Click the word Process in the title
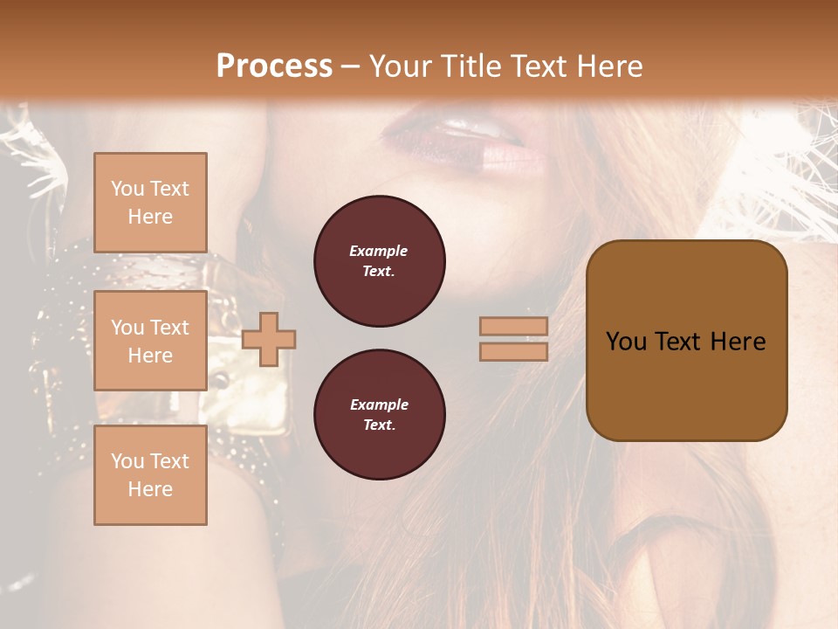[274, 66]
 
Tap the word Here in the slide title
[608, 66]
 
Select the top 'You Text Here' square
[150, 203]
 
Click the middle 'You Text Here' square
[150, 341]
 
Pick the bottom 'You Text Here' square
[150, 474]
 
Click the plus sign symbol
[269, 339]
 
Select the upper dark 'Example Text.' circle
[379, 261]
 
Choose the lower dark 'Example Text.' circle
[379, 415]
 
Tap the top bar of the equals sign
[513, 326]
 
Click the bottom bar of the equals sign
[513, 351]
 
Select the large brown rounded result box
[686, 384]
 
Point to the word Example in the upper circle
[379, 251]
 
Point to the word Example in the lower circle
[379, 404]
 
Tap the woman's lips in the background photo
[463, 140]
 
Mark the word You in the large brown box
[627, 342]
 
